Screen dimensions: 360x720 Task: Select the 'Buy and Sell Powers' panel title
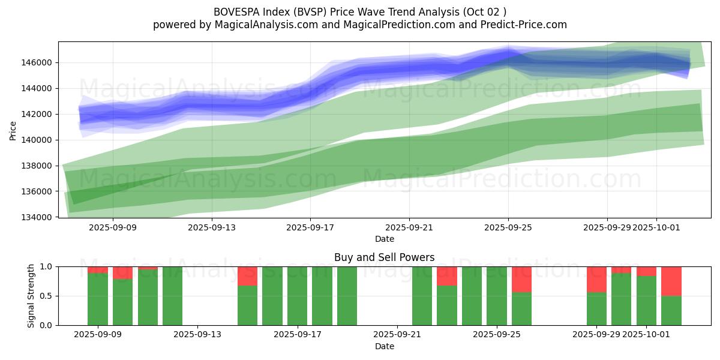384,257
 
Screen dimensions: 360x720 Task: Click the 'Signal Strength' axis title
31,295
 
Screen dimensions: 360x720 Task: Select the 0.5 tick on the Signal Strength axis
46,296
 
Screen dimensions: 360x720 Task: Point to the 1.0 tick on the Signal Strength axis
46,266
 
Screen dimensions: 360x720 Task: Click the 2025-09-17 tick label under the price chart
310,227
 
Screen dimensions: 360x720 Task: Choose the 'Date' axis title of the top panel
384,239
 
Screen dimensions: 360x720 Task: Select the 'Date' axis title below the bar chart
384,346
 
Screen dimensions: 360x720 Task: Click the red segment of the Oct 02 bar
671,281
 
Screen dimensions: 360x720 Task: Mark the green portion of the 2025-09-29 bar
596,308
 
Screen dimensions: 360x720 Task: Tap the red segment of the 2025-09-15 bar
247,276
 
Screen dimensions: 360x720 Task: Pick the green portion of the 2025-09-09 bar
98,299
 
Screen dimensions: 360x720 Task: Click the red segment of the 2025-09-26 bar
521,279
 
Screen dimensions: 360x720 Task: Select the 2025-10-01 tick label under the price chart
656,227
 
